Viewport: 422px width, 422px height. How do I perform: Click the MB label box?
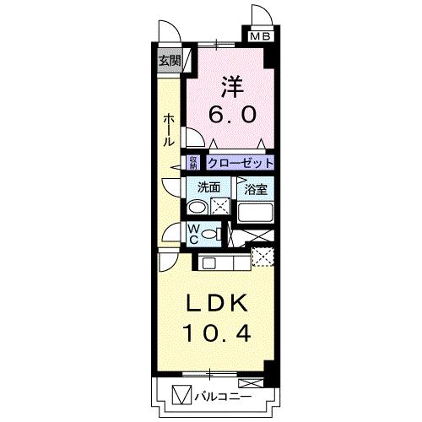(258, 36)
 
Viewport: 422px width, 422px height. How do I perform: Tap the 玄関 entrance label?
(169, 60)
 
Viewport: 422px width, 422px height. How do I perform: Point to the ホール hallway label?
(168, 130)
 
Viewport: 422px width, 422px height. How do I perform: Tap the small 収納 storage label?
(193, 162)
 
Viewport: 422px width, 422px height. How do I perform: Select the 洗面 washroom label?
(208, 187)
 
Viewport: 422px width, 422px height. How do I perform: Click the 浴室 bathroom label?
(256, 188)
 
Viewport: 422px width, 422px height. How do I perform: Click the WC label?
(192, 234)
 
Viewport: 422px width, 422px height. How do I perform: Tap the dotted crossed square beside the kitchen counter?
(263, 256)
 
